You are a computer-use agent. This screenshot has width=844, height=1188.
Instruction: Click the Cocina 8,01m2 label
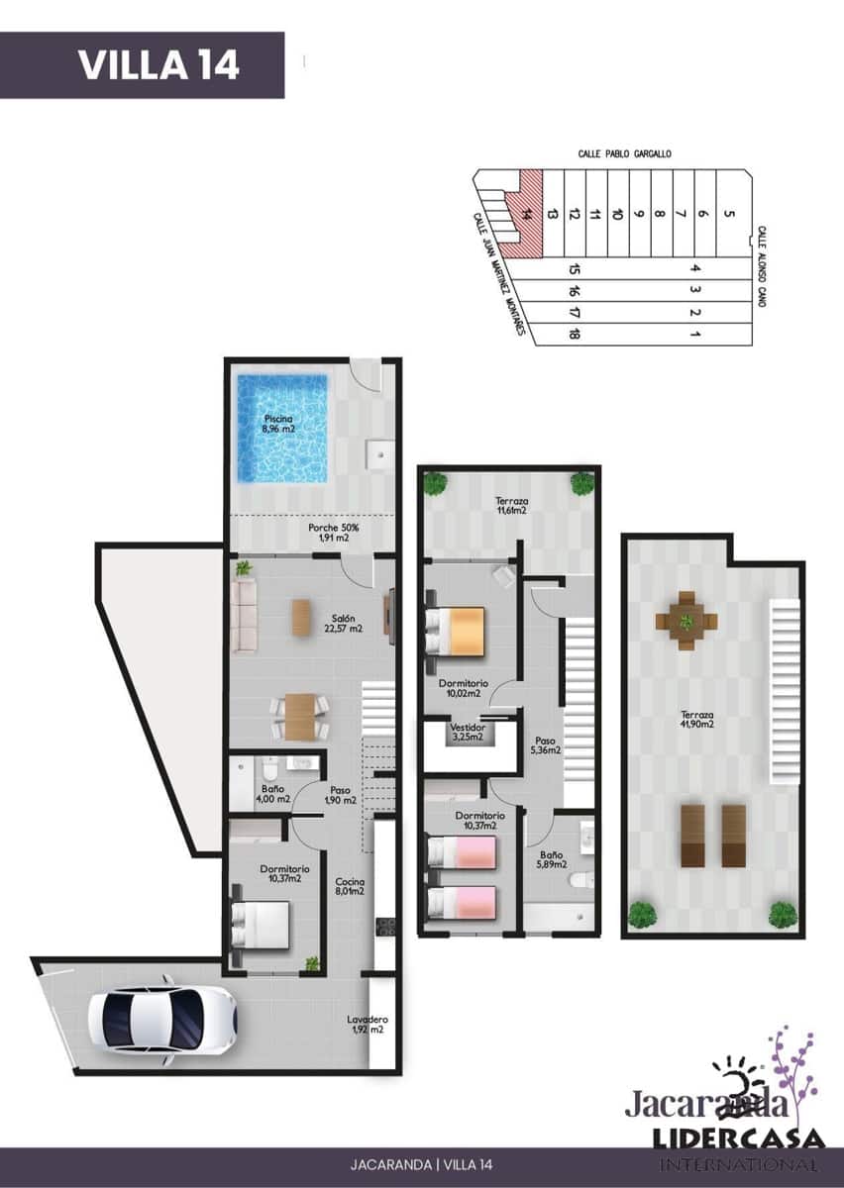point(350,886)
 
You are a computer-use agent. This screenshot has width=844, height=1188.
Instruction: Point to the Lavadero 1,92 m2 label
point(368,1025)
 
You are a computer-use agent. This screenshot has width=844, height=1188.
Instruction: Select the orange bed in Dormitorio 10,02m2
point(456,630)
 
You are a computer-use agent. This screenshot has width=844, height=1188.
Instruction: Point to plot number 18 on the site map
point(575,334)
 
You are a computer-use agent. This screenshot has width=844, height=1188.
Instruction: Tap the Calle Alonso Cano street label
point(762,265)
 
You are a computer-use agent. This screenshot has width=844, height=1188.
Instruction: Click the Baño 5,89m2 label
point(552,859)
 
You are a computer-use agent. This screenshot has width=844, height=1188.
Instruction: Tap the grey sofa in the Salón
point(243,616)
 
